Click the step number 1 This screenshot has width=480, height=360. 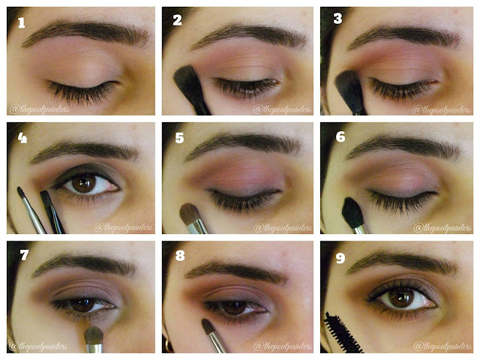[21, 22]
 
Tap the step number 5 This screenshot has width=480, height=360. [180, 138]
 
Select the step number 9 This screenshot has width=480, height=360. [340, 258]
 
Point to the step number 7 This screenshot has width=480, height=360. [24, 255]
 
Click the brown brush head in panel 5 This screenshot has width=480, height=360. [189, 214]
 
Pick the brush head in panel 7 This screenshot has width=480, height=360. [94, 336]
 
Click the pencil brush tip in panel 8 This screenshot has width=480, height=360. [208, 326]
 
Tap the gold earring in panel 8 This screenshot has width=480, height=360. [168, 345]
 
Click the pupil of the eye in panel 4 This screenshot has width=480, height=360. [83, 184]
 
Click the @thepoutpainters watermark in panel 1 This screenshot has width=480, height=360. [40, 109]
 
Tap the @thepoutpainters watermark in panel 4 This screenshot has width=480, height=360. [123, 227]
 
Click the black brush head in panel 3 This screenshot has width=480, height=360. [348, 88]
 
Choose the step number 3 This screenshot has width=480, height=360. [337, 19]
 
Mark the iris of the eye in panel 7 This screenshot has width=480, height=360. [83, 305]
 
